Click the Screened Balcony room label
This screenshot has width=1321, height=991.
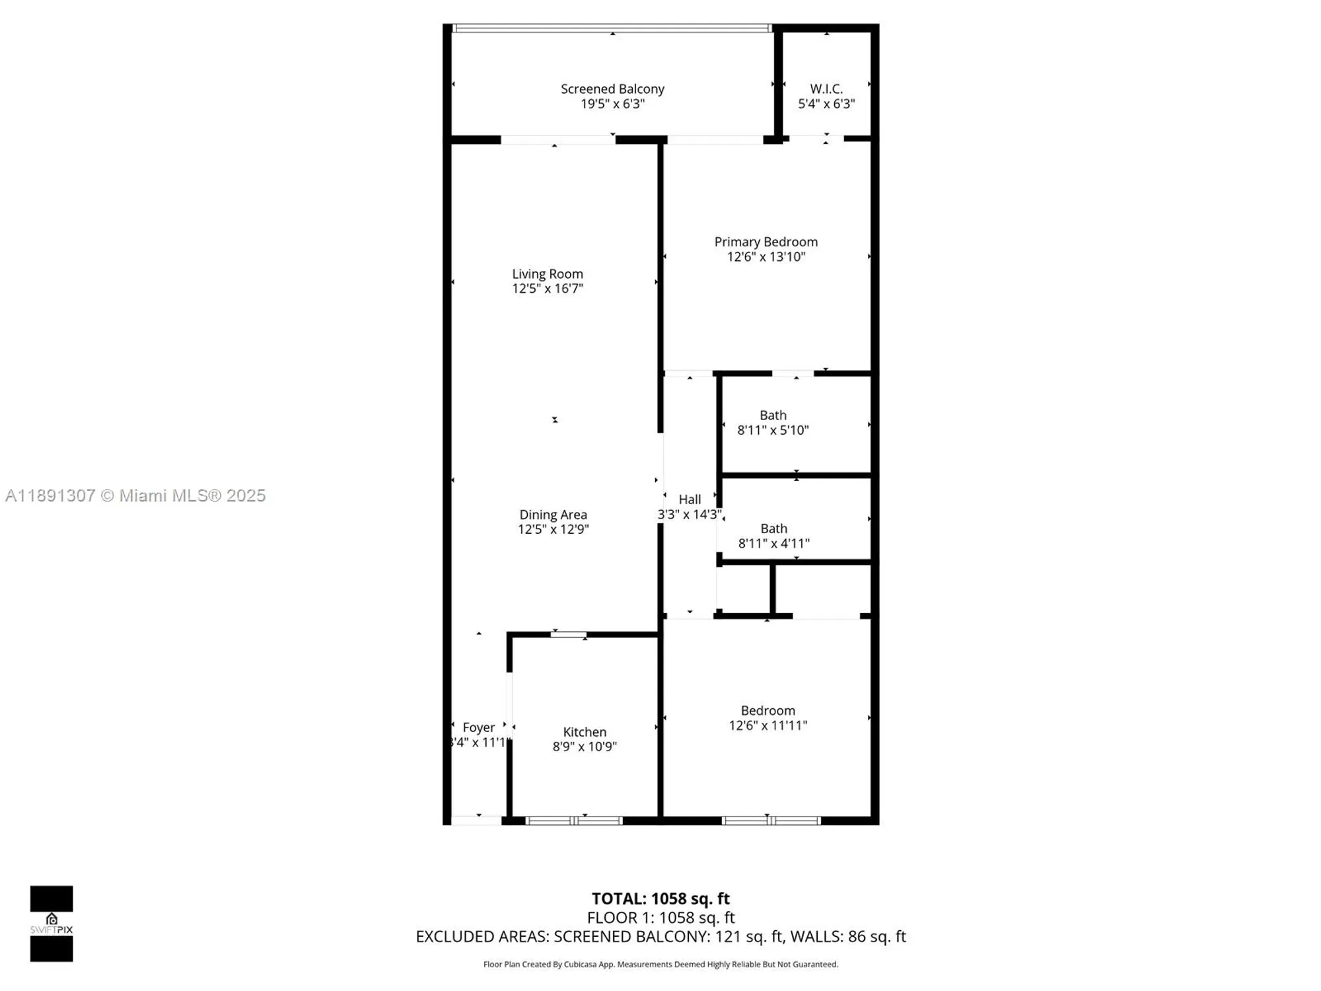point(612,89)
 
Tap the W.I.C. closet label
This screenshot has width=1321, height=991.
point(826,89)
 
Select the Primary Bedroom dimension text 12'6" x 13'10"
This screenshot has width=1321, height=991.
point(766,257)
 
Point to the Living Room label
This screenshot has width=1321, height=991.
point(548,274)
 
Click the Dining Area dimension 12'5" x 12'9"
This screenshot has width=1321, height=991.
point(553,529)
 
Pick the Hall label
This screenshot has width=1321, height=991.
point(690,499)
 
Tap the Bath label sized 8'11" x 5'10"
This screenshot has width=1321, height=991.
point(773,416)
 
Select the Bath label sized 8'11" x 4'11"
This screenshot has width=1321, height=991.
point(773,529)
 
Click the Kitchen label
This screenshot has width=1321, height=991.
point(585,732)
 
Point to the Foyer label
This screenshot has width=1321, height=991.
point(478,727)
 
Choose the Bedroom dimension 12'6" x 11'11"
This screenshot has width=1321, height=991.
point(768,725)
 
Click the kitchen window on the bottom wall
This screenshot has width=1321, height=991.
point(573,821)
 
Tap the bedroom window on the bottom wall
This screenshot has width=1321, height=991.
point(771,821)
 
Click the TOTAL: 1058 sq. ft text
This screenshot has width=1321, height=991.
point(660,899)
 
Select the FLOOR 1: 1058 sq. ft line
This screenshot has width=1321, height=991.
point(660,918)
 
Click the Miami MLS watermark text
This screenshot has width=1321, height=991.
point(135,495)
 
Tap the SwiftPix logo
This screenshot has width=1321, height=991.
point(52,924)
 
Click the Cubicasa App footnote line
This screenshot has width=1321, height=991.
point(660,965)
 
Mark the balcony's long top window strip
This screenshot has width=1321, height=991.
point(612,28)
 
